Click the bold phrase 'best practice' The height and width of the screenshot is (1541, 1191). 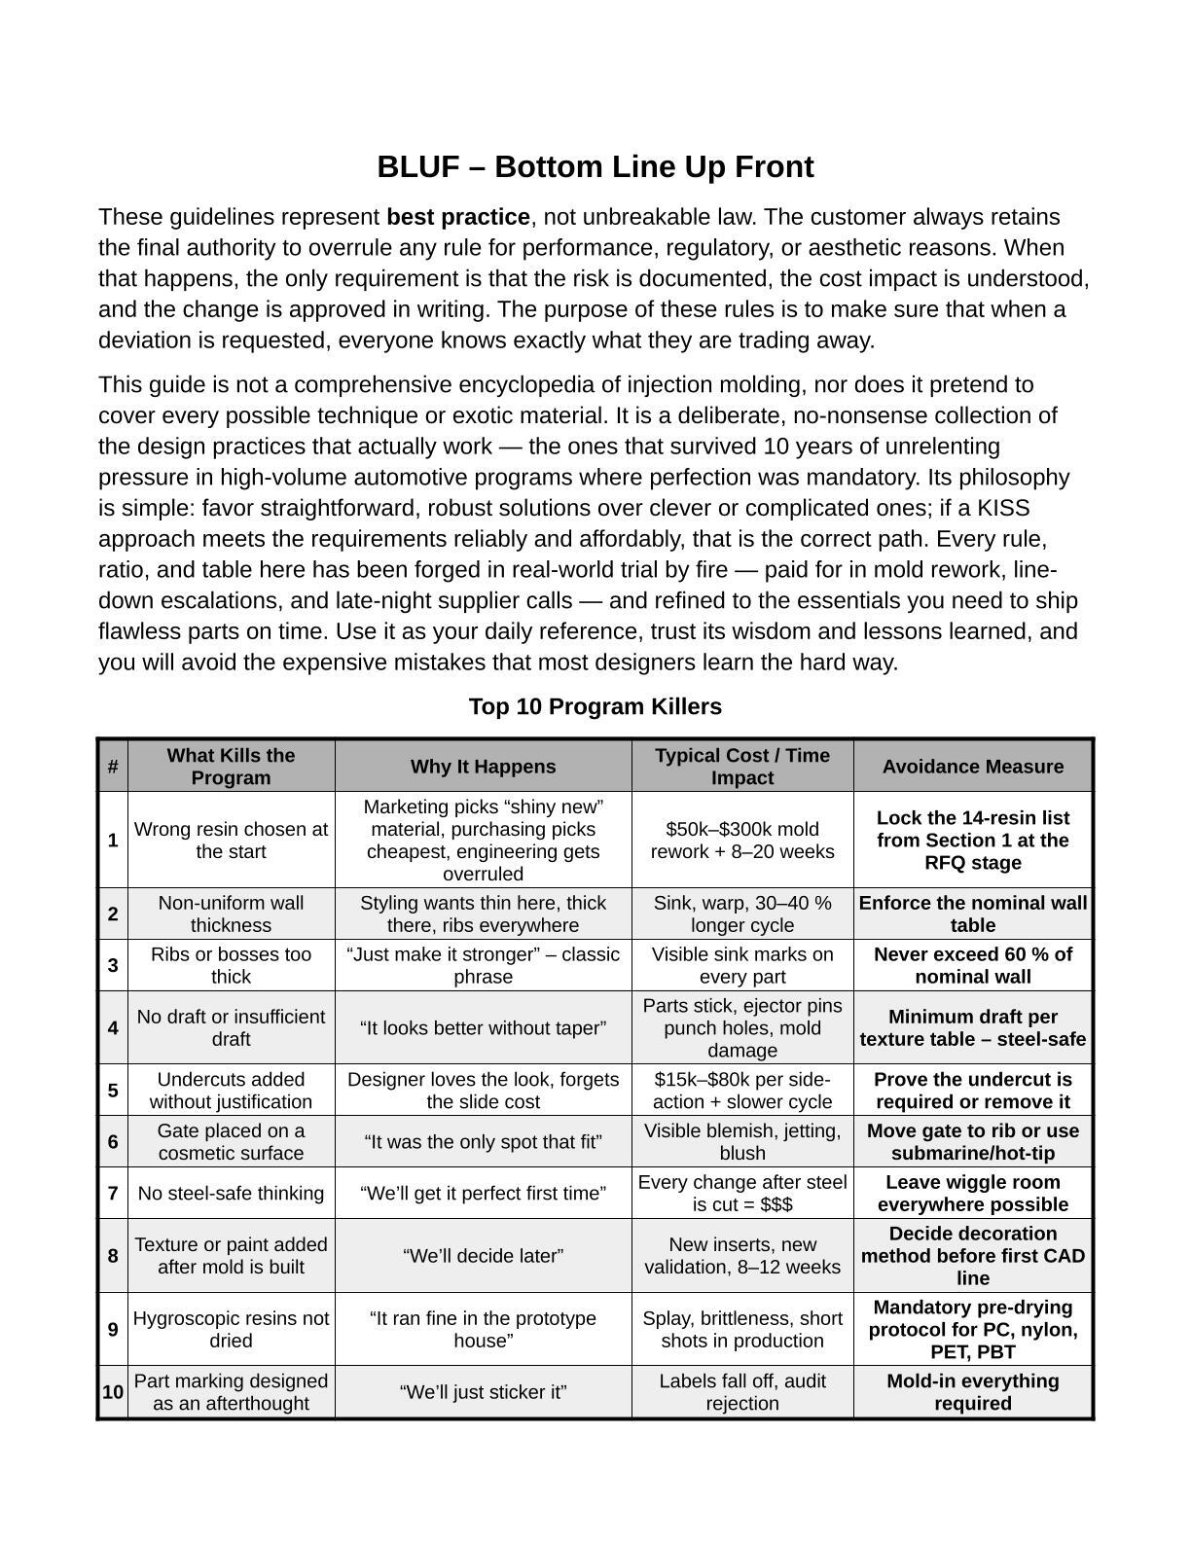457,217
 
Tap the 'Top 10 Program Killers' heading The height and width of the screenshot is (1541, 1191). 595,706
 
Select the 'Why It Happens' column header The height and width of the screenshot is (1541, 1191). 483,767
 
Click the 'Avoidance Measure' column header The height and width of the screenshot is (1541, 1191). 972,767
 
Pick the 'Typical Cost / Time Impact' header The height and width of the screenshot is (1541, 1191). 741,767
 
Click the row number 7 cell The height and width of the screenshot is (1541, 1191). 113,1194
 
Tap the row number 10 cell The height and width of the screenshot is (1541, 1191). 113,1392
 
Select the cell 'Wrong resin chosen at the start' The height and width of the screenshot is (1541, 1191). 231,840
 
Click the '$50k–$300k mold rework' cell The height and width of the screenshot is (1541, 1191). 741,840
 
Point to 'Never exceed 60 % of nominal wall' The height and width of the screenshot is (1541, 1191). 972,965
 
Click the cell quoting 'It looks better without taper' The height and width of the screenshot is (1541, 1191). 483,1028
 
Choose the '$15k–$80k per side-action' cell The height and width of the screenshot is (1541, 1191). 741,1091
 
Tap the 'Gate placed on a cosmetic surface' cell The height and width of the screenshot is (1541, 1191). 231,1142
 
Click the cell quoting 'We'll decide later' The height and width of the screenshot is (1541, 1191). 483,1256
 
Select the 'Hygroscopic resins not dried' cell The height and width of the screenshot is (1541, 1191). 231,1330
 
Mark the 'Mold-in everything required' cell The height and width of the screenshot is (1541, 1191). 972,1392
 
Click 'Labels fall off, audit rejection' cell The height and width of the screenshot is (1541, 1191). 741,1392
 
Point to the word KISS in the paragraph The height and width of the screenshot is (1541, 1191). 1003,509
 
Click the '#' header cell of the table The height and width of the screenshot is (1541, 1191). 113,767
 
